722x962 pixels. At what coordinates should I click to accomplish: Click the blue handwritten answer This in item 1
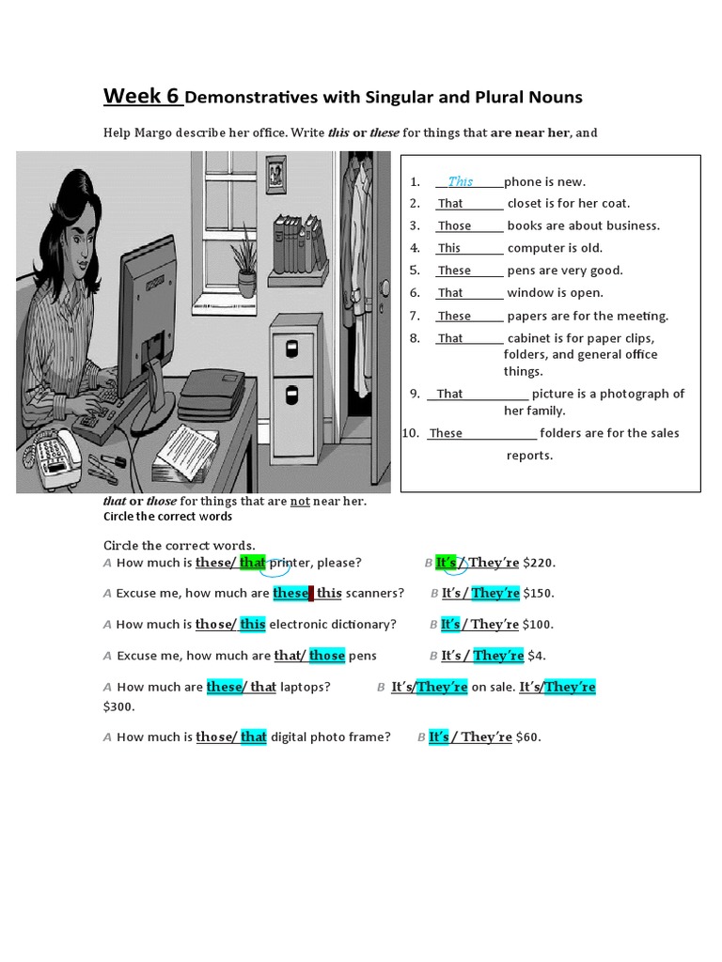[461, 181]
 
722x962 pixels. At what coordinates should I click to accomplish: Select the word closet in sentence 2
[527, 203]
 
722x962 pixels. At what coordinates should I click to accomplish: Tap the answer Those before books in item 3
[454, 225]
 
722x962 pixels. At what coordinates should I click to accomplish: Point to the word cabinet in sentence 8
[530, 338]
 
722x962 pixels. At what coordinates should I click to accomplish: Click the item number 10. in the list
[410, 433]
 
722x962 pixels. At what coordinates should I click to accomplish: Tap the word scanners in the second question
[375, 593]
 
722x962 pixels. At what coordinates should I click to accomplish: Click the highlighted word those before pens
[326, 655]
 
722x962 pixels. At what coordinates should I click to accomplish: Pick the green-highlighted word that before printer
[253, 563]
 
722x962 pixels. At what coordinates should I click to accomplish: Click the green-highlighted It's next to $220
[446, 563]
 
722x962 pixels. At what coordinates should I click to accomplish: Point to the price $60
[528, 737]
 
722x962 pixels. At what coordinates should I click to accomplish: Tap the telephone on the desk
[58, 456]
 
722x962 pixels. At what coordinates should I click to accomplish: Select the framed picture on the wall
[276, 173]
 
